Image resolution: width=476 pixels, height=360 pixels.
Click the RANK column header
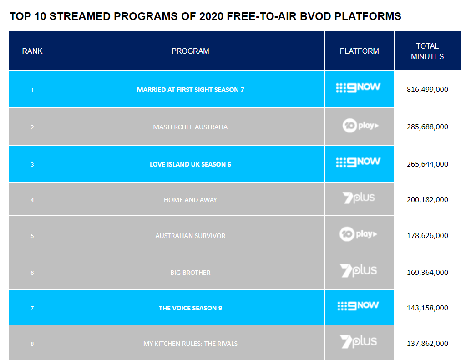coord(32,51)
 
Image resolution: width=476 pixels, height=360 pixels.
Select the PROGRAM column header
coord(190,51)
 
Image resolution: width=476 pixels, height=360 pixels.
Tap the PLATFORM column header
coord(359,51)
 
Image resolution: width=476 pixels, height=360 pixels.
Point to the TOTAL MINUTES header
coord(427,51)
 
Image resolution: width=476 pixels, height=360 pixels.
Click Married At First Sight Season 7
coord(190,90)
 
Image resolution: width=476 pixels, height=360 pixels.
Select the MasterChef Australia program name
coord(190,127)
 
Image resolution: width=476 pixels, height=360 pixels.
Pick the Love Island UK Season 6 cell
coord(190,164)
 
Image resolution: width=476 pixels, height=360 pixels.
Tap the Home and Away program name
coord(190,200)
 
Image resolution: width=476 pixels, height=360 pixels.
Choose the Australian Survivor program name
coord(190,236)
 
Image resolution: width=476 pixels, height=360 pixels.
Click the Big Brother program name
coord(190,273)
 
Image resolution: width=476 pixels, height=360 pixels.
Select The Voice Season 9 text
coord(190,308)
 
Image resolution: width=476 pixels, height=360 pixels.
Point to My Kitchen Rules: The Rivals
coord(190,344)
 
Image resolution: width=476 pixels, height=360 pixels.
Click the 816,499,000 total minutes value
coord(427,90)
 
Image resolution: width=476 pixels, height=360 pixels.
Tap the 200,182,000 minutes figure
coord(427,200)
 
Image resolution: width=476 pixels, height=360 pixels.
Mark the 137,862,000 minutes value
coord(427,344)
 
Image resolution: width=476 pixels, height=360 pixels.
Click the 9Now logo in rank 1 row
coord(358,87)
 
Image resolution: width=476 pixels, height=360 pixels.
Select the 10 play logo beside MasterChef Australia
coord(360,125)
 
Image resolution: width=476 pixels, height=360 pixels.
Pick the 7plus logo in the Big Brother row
coord(359,270)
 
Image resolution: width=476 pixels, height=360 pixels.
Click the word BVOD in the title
coord(315,16)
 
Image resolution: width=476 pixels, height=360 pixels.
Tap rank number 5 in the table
coord(32,236)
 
